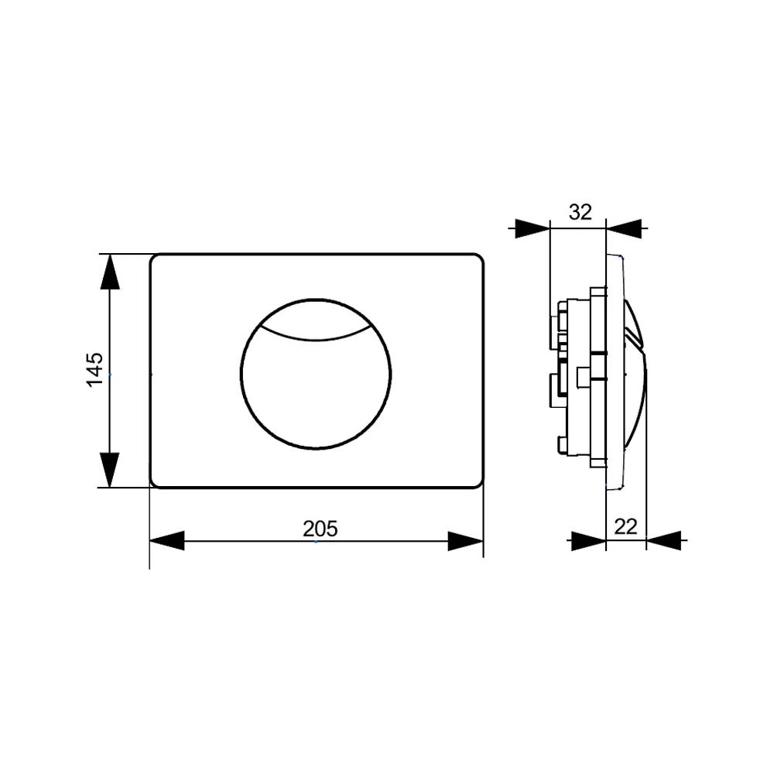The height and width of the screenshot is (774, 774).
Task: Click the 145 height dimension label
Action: pyautogui.click(x=94, y=370)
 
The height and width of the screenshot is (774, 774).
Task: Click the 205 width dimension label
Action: pyautogui.click(x=320, y=529)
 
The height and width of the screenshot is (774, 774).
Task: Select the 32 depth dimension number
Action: pyautogui.click(x=580, y=212)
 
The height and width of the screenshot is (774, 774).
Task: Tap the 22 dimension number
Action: pyautogui.click(x=625, y=526)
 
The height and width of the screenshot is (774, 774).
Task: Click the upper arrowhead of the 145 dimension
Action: pyautogui.click(x=110, y=272)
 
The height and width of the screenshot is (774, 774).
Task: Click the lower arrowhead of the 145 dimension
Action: pyautogui.click(x=110, y=470)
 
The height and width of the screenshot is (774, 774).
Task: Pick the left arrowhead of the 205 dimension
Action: pyautogui.click(x=167, y=541)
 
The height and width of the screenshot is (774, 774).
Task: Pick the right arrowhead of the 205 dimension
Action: pyautogui.click(x=465, y=541)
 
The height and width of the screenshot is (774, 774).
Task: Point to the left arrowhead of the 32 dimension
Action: pyautogui.click(x=533, y=228)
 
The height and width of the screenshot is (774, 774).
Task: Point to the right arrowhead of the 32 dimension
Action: pyautogui.click(x=624, y=228)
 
